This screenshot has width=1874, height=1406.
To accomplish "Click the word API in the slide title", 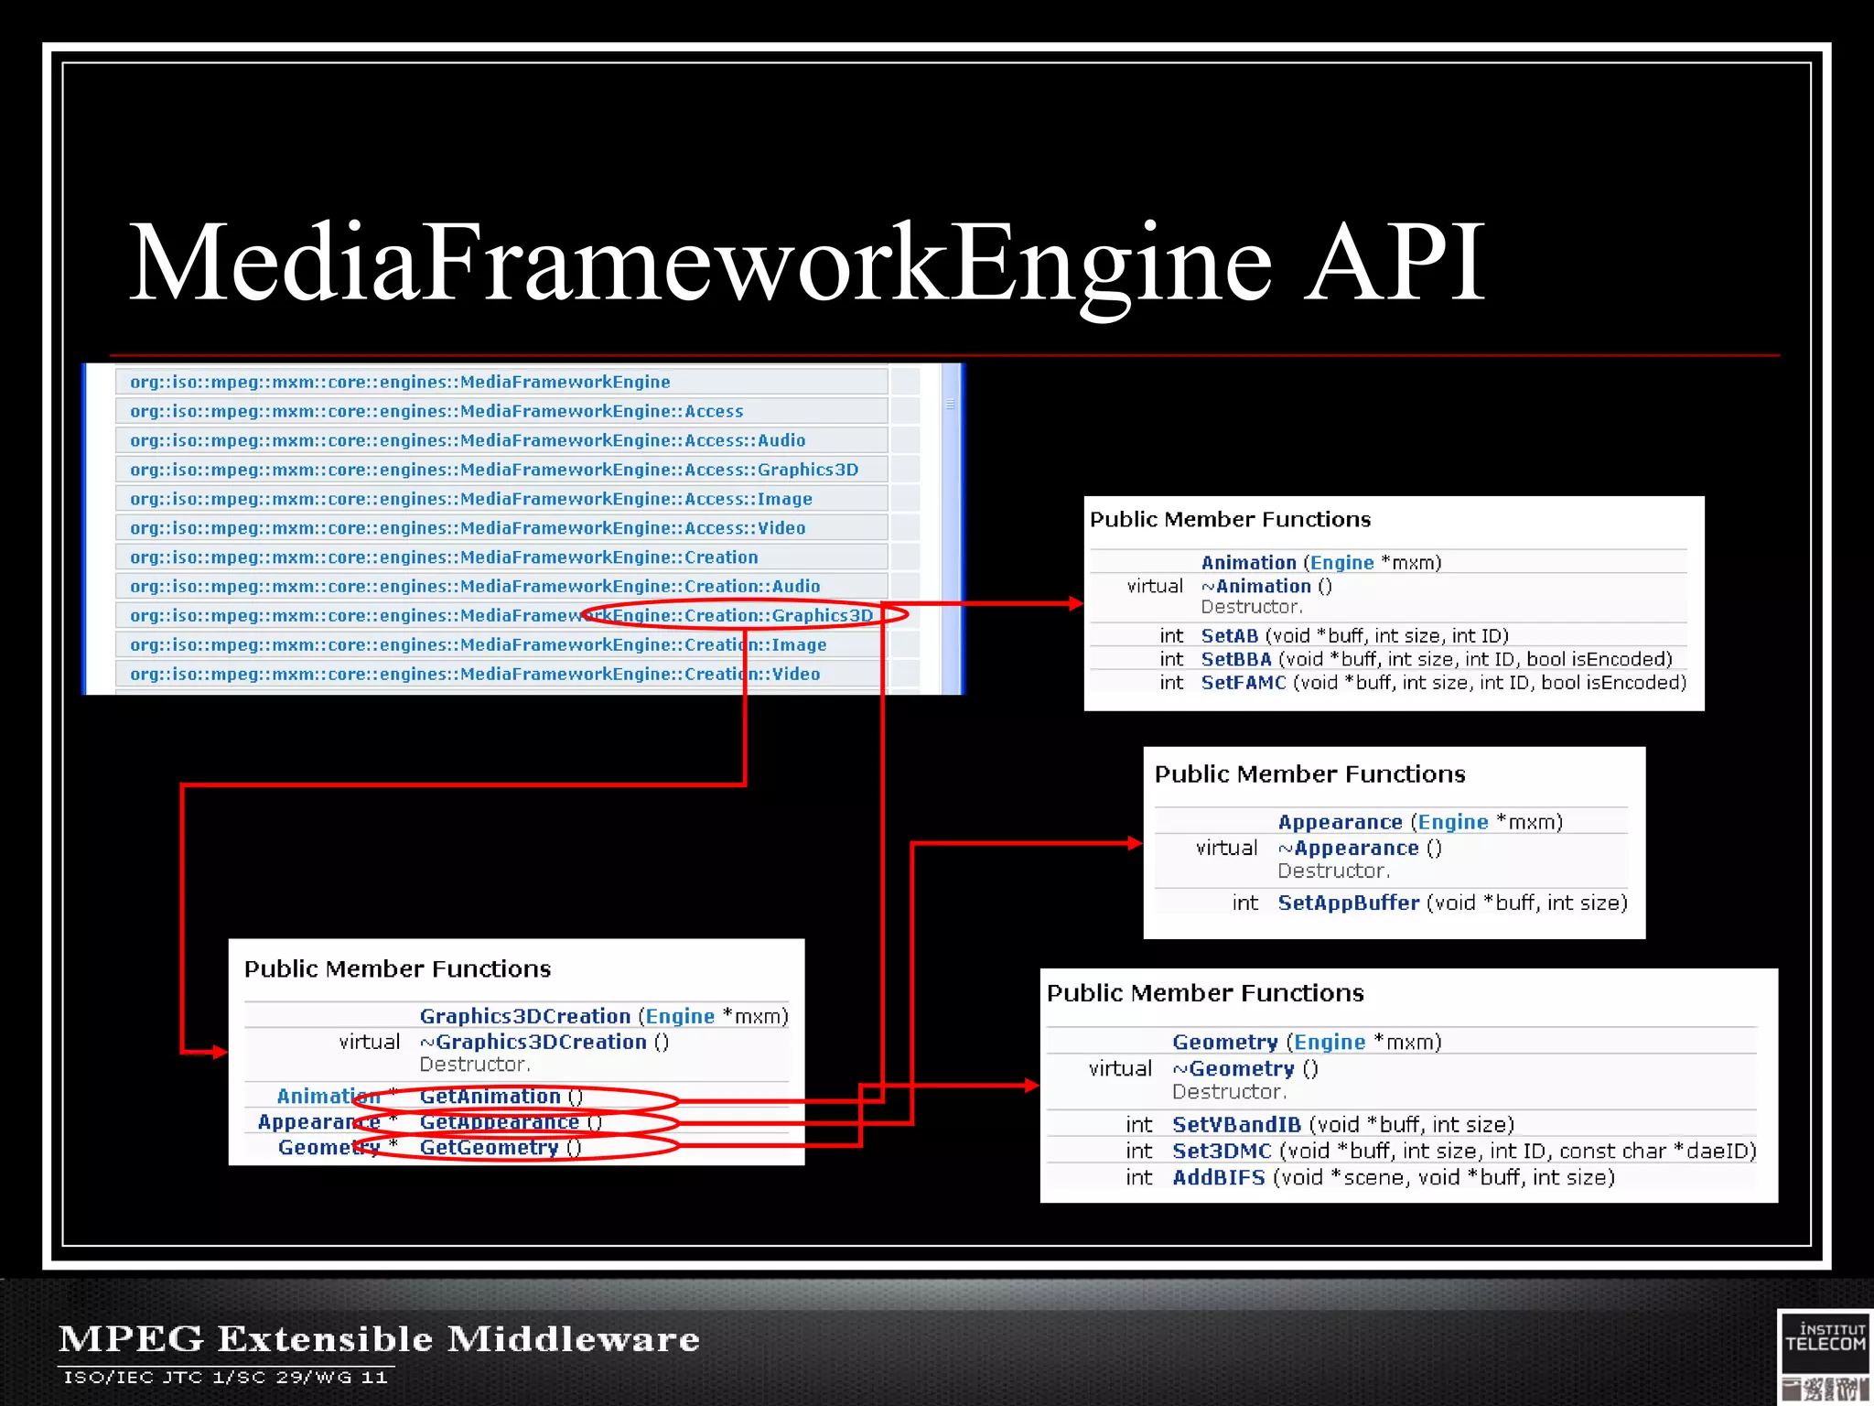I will click(x=1395, y=263).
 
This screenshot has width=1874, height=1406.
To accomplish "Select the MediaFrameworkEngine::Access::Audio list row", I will click(x=468, y=440).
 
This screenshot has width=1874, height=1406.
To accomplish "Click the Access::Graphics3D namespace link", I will click(x=494, y=470).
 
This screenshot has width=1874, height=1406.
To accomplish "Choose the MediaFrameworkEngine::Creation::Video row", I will click(x=475, y=674).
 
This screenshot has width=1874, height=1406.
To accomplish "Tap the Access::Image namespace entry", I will click(x=471, y=499).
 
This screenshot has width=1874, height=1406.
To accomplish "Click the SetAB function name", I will click(x=1229, y=635).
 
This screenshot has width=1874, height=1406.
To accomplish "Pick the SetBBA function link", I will click(x=1235, y=659).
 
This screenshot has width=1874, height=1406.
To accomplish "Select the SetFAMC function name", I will click(x=1243, y=683).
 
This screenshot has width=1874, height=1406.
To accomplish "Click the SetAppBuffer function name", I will click(x=1348, y=903).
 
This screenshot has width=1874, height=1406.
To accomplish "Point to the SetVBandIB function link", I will click(x=1236, y=1124).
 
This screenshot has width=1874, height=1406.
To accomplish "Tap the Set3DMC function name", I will click(x=1222, y=1151).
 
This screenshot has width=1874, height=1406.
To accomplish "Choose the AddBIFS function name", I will click(x=1218, y=1177).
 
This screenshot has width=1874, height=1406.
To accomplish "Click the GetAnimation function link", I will click(x=490, y=1096).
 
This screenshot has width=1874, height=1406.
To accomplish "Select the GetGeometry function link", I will click(x=489, y=1147).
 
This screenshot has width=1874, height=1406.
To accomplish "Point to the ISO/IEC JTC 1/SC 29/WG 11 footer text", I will click(x=225, y=1377).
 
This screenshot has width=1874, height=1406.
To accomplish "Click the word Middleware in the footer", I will click(x=573, y=1338).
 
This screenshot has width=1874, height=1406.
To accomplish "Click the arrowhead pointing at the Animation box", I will click(x=1075, y=603).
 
